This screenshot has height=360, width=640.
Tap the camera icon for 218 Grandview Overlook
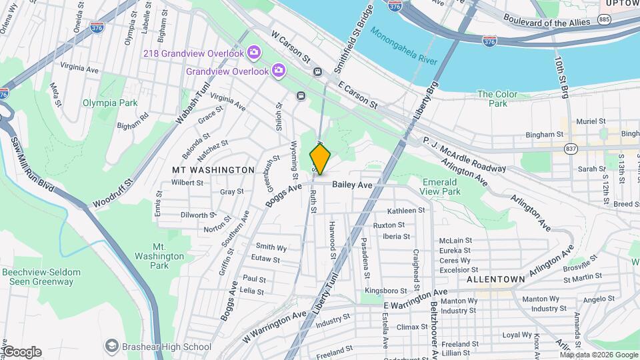pyautogui.click(x=253, y=52)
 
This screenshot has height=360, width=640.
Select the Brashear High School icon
pyautogui.click(x=111, y=346)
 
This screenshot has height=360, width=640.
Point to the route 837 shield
pyautogui.click(x=570, y=148)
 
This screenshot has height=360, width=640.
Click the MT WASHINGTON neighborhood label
pyautogui.click(x=213, y=170)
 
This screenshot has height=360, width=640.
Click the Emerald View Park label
pyautogui.click(x=441, y=187)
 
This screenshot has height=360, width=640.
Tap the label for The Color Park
pyautogui.click(x=497, y=99)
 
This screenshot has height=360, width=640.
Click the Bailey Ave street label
pyautogui.click(x=351, y=184)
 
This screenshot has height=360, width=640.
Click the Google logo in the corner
pyautogui.click(x=21, y=352)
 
